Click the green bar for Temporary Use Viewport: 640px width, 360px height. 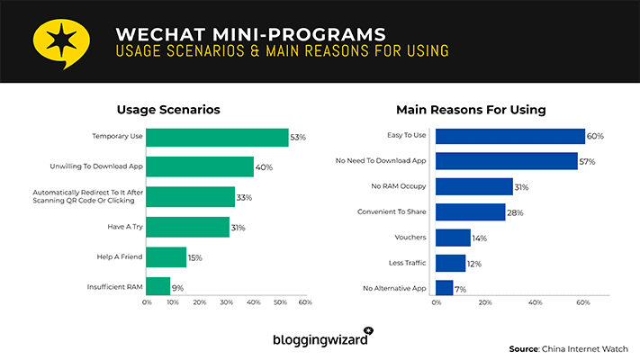[x=216, y=138]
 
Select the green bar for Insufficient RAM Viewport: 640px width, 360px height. [x=158, y=286]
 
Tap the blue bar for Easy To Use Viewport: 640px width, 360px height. [x=509, y=136]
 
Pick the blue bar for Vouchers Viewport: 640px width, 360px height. [x=453, y=238]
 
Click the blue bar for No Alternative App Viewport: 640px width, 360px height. [x=444, y=288]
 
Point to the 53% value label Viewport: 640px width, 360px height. [x=298, y=138]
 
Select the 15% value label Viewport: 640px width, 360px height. [x=194, y=257]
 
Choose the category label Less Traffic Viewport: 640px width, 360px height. [x=407, y=264]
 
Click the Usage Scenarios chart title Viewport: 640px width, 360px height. [x=168, y=110]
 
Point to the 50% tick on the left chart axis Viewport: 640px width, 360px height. [x=279, y=303]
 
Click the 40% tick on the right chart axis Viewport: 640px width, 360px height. [x=535, y=303]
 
